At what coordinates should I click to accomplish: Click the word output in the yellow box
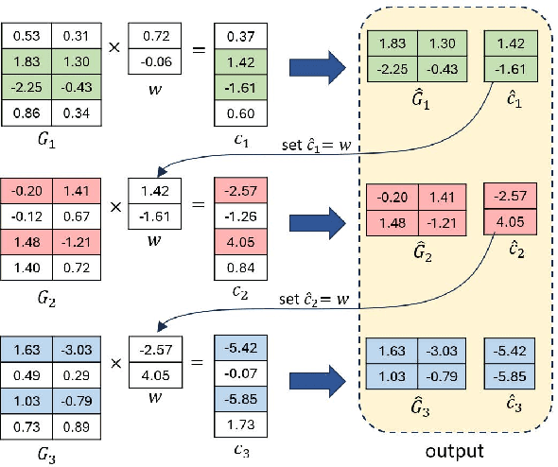coord(454,451)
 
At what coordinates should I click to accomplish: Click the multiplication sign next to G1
coord(113,44)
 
